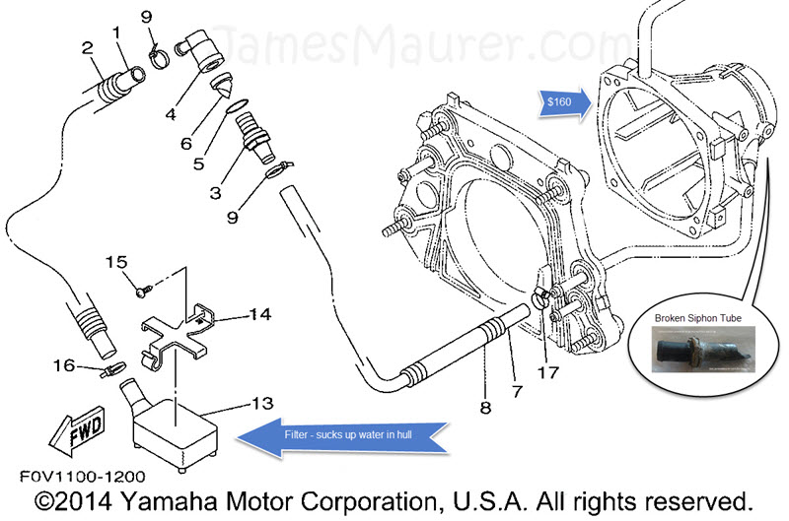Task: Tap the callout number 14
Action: tap(259, 315)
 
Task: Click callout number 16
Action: tap(64, 365)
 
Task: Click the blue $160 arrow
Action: tap(563, 99)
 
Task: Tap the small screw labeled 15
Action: tap(145, 290)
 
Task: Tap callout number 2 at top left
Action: tap(87, 46)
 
